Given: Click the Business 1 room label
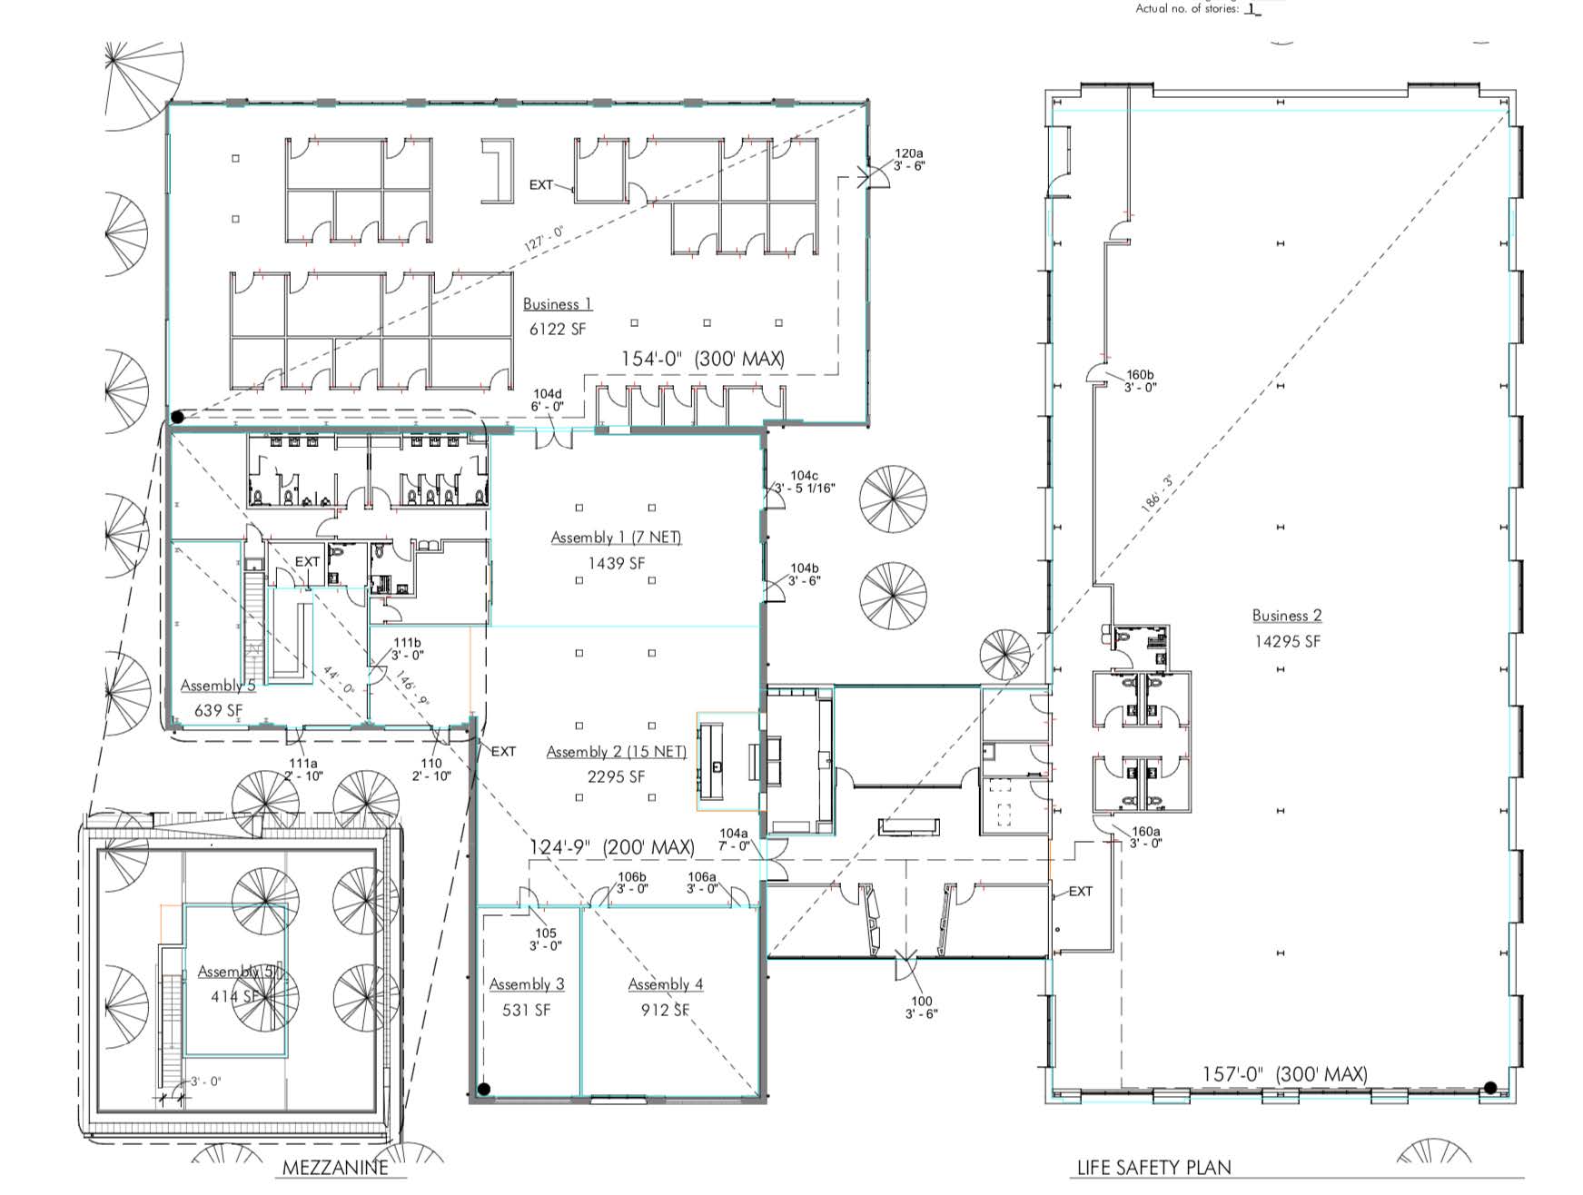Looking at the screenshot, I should click(x=557, y=304).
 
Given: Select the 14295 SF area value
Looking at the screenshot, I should click(x=1287, y=641).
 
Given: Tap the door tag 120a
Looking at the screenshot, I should click(x=909, y=153).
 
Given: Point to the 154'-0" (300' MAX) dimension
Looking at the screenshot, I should click(x=702, y=359).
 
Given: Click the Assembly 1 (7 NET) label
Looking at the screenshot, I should click(x=616, y=538).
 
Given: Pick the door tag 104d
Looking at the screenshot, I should click(x=548, y=394).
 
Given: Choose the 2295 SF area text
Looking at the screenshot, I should click(x=616, y=776).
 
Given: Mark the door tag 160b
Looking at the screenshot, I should click(x=1140, y=374).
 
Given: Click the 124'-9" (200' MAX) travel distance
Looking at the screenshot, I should click(x=612, y=847).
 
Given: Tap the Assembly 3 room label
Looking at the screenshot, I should click(x=527, y=984).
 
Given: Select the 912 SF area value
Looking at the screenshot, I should click(x=665, y=1010).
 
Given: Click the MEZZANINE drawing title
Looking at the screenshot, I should click(x=335, y=1168).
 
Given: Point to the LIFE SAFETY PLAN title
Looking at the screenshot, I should click(x=1153, y=1168).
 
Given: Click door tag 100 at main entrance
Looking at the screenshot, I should click(x=921, y=1001).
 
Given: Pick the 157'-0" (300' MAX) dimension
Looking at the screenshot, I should click(x=1284, y=1074).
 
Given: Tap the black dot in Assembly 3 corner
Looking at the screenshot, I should click(x=484, y=1089).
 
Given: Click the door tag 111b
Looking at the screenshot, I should click(x=407, y=643).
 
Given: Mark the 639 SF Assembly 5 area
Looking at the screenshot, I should click(x=219, y=710).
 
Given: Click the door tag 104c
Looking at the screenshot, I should click(x=804, y=475).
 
